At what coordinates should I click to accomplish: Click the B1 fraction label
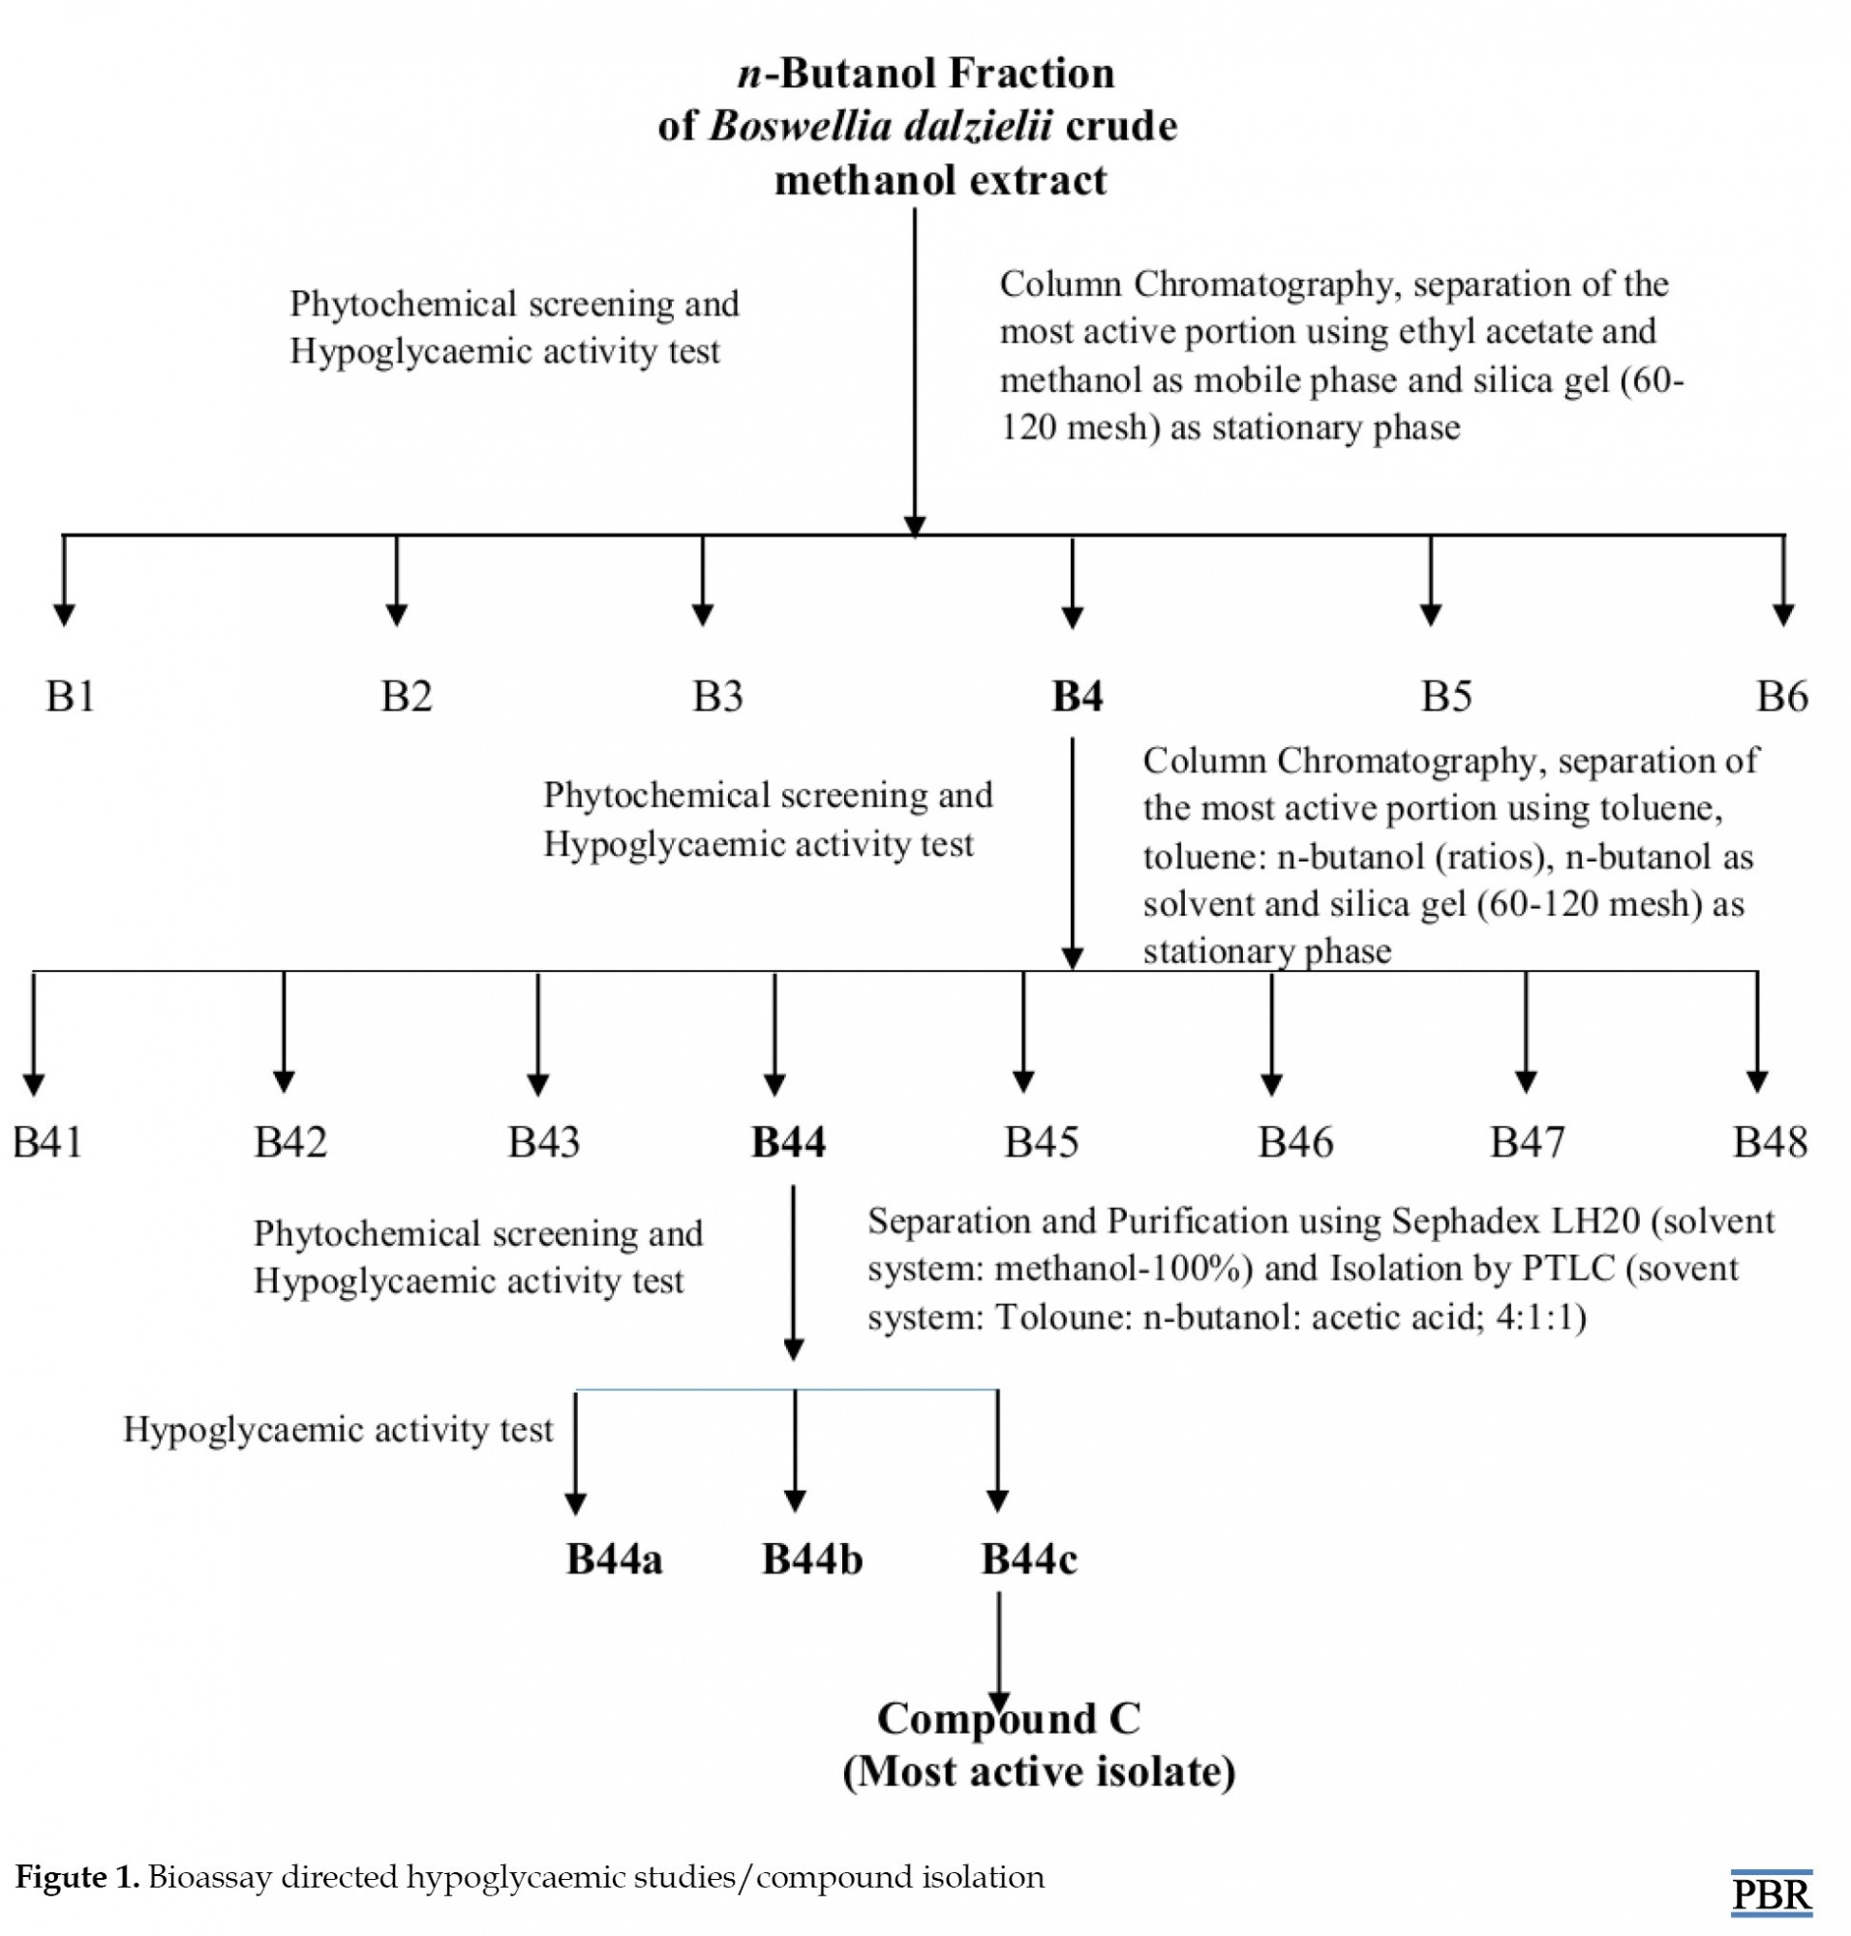tap(70, 697)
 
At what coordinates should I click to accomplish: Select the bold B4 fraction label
tap(1077, 697)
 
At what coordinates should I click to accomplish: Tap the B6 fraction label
tap(1782, 697)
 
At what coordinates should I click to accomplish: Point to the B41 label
tap(47, 1141)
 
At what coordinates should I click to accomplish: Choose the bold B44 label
tap(788, 1141)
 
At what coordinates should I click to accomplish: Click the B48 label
tap(1770, 1141)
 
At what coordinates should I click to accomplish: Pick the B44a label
tap(614, 1559)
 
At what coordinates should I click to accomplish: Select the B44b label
tap(812, 1559)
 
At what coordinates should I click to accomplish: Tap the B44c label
tap(1029, 1559)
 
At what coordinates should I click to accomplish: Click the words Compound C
tap(1009, 1719)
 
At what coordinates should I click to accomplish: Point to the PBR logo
tap(1772, 1893)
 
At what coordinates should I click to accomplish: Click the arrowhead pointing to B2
tap(397, 614)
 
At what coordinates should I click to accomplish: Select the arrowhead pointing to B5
tap(1431, 614)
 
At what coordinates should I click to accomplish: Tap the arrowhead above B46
tap(1272, 1082)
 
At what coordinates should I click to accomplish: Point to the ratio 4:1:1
tap(1540, 1317)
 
